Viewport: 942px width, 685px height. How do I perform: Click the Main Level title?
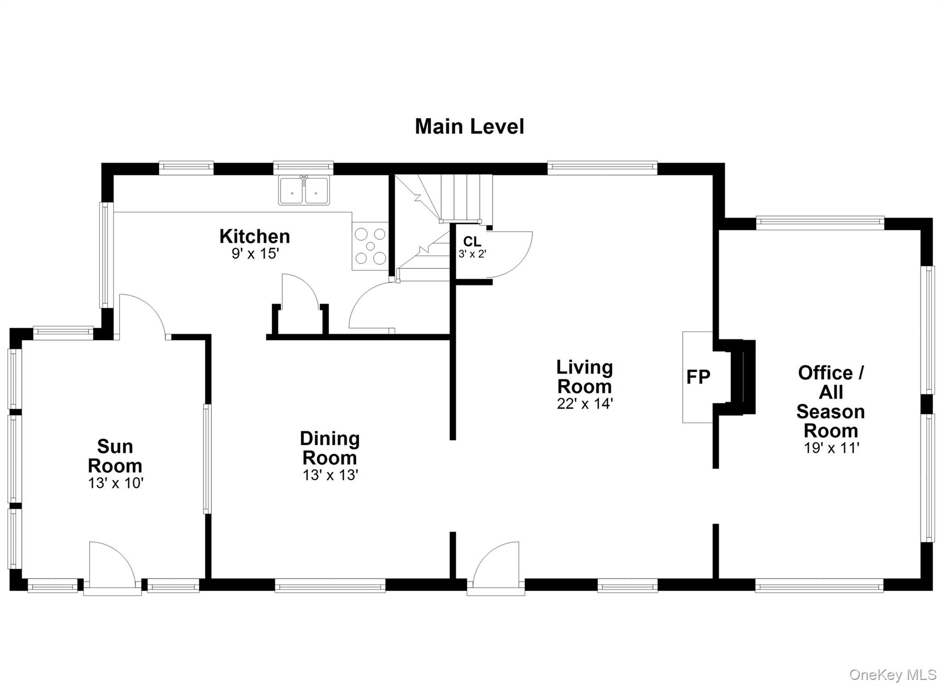pos(469,127)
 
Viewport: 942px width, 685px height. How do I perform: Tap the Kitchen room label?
pos(254,236)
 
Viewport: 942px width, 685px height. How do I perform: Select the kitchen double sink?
pos(304,190)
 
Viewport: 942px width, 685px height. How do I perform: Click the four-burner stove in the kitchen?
pos(370,246)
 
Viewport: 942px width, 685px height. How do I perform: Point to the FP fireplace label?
pos(698,377)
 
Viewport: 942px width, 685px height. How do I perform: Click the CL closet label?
pos(472,242)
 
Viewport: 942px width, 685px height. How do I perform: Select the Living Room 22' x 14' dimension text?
pos(585,404)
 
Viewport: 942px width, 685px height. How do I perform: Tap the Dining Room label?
pos(330,448)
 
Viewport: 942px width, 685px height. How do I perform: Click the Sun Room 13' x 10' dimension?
pos(116,483)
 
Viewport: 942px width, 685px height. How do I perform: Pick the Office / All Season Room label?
pos(831,402)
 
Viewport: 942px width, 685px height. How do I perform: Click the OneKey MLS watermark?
pos(893,674)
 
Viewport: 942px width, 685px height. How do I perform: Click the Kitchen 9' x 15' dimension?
pos(255,253)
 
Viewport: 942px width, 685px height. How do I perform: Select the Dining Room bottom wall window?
pos(330,585)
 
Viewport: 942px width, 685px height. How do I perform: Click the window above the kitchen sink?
pos(303,168)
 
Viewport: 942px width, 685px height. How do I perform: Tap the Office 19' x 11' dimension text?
pos(832,448)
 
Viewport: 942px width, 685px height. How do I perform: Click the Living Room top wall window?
pos(602,168)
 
